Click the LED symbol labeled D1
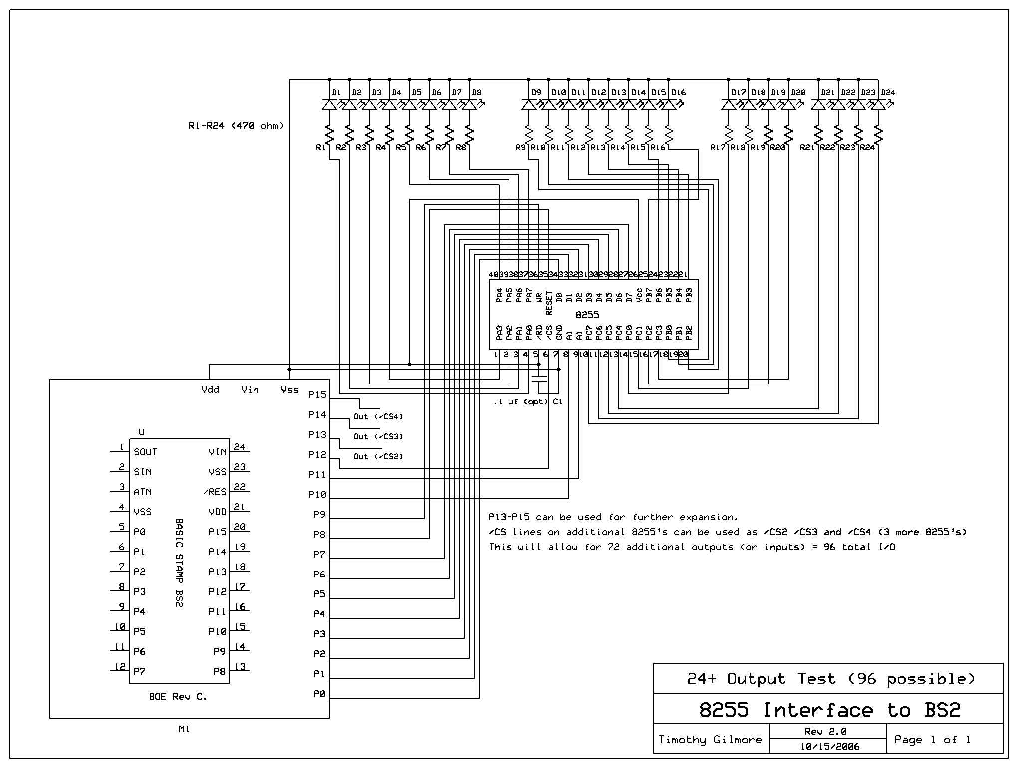(329, 105)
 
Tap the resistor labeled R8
(469, 134)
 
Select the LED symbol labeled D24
(878, 105)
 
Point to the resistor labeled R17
(729, 134)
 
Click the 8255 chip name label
(587, 315)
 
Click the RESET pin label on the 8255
(549, 303)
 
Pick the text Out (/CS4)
(378, 416)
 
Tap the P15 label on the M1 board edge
(317, 395)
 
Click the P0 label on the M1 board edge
(319, 694)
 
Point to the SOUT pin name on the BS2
(145, 452)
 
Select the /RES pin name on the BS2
(215, 492)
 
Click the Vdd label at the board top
(210, 390)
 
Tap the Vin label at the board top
(250, 390)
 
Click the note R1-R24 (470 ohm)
(236, 126)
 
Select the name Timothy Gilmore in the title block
(710, 740)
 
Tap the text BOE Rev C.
(178, 697)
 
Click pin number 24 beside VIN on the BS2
(240, 447)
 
